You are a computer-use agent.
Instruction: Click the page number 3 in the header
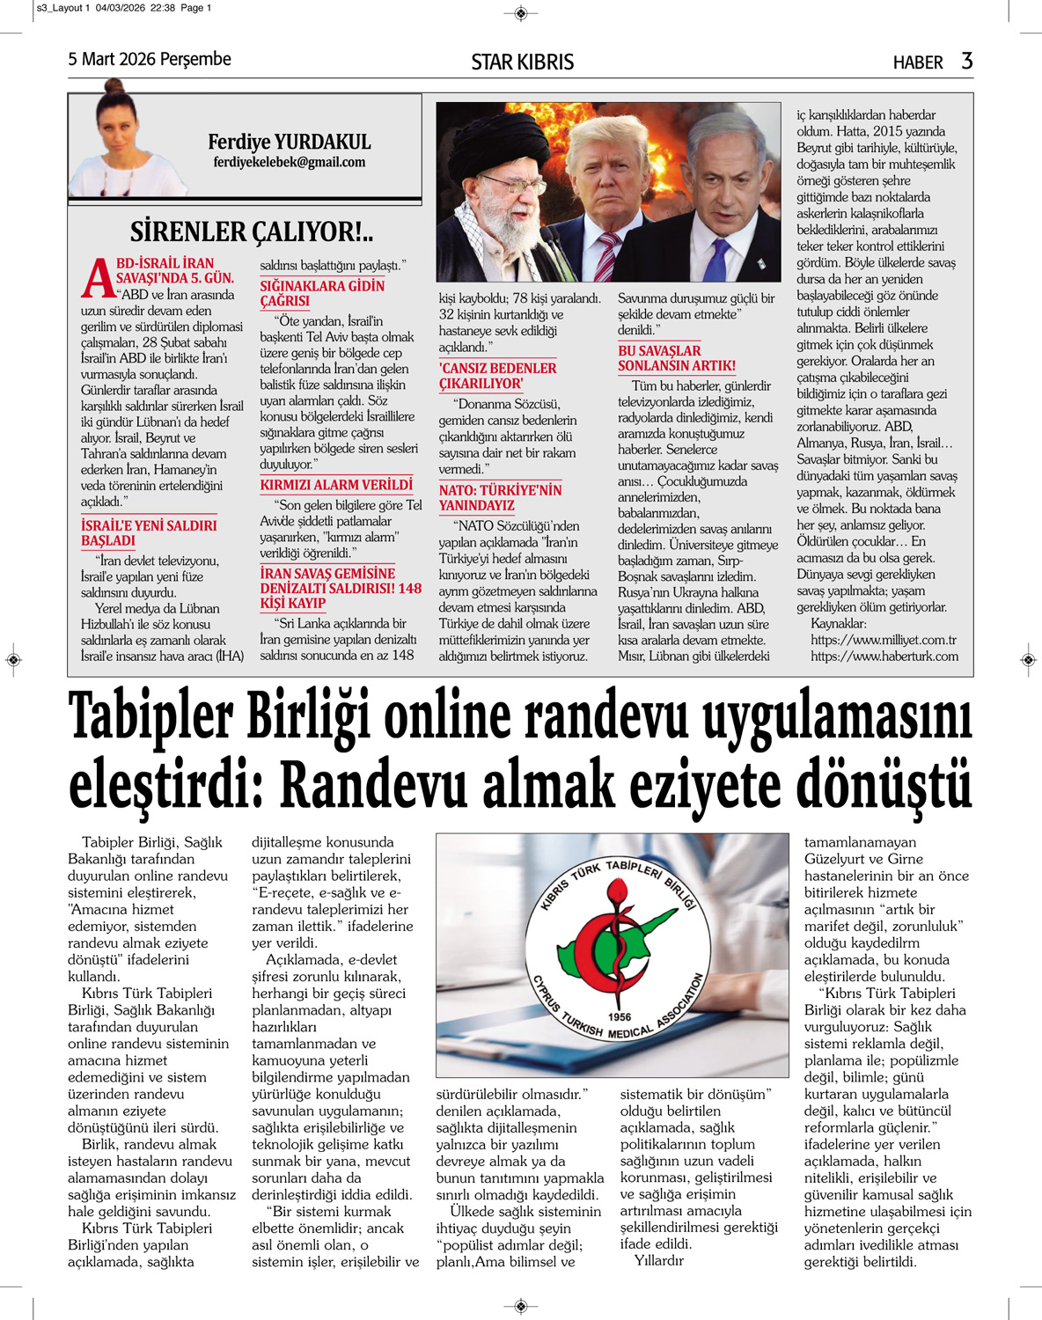(966, 61)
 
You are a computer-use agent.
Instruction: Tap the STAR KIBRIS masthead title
(522, 62)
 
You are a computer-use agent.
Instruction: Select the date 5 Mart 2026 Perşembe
(150, 59)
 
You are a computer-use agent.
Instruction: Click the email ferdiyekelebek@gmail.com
(289, 162)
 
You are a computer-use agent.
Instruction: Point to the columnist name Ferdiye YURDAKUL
(289, 142)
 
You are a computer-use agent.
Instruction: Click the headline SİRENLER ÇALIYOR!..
(252, 231)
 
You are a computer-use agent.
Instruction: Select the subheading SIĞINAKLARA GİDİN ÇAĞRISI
(322, 293)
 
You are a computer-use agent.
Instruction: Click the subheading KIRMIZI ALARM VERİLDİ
(336, 485)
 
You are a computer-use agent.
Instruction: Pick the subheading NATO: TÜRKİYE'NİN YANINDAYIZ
(500, 497)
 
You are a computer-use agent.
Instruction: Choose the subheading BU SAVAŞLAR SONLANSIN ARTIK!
(676, 358)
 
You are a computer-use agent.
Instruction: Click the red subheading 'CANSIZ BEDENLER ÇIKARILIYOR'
(497, 376)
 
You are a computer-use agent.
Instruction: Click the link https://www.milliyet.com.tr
(884, 640)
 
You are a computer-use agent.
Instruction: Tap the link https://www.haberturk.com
(884, 656)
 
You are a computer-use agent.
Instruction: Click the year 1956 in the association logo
(620, 1016)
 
